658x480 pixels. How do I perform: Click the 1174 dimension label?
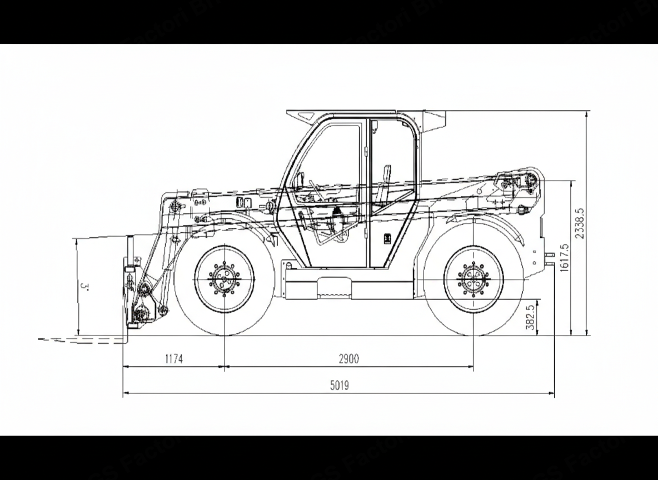click(x=173, y=359)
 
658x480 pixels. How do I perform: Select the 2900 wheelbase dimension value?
click(x=349, y=359)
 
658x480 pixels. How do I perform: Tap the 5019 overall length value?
click(x=340, y=386)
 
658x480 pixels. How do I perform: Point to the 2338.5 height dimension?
click(x=580, y=223)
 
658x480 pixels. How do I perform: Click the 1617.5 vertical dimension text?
click(x=564, y=258)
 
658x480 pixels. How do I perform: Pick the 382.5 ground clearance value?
click(x=530, y=317)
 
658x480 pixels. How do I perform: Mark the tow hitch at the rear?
click(x=550, y=256)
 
